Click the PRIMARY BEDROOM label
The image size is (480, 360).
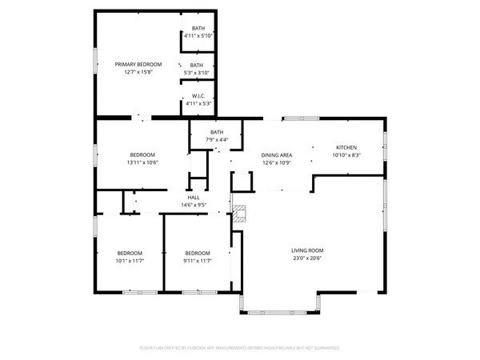(138, 64)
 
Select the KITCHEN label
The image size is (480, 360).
(346, 148)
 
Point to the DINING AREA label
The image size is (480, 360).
(276, 155)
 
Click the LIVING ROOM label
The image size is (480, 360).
(306, 250)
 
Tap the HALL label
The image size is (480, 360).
(193, 198)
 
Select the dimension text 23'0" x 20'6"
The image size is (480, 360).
(306, 258)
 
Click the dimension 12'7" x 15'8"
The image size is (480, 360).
(138, 72)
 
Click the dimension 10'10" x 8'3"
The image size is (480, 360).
(346, 156)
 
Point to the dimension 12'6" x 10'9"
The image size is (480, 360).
(276, 163)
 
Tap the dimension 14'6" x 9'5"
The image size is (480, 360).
(193, 206)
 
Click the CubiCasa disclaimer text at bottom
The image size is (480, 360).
(240, 348)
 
